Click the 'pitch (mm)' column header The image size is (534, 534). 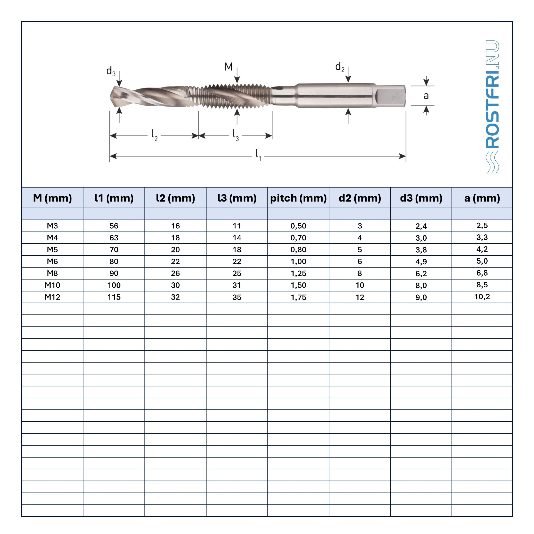click(x=298, y=198)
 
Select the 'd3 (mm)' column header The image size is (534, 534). click(x=421, y=198)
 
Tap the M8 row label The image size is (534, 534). click(x=52, y=273)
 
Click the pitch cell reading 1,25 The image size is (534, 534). click(x=298, y=273)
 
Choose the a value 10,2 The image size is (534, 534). click(x=482, y=296)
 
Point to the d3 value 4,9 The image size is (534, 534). click(x=421, y=262)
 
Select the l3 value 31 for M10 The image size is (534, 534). click(x=236, y=285)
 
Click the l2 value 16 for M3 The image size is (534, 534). click(x=175, y=226)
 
